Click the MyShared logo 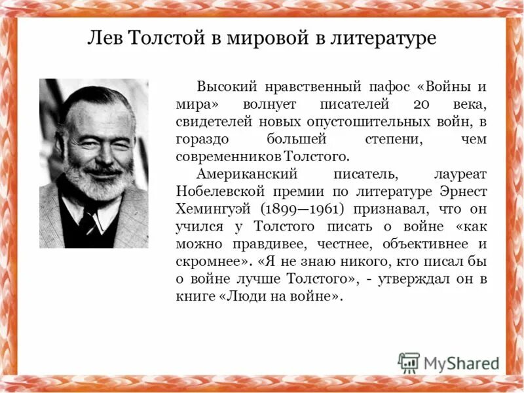tap(449, 362)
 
